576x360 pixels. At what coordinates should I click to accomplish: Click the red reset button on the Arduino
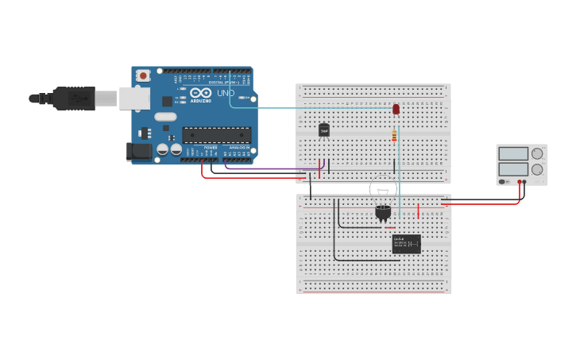tap(143, 75)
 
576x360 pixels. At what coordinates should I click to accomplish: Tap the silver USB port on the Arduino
tap(133, 98)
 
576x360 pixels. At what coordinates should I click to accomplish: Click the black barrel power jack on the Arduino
tap(140, 150)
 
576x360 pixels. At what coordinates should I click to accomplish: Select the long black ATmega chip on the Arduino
tap(216, 135)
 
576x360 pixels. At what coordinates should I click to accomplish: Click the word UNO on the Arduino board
tap(226, 93)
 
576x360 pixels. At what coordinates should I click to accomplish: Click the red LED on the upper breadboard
tap(396, 109)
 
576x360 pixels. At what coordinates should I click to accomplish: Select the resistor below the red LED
tap(393, 136)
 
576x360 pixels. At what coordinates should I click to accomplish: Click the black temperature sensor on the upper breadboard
tap(323, 130)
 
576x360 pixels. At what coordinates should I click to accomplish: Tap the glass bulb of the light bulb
tap(383, 191)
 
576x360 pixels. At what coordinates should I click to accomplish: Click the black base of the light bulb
tap(383, 211)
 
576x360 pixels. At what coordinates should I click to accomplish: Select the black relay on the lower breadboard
tap(406, 243)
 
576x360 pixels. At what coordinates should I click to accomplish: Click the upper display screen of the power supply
tap(512, 153)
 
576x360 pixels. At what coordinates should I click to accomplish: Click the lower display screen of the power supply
tap(512, 169)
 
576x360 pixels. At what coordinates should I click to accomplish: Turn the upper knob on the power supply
tap(538, 153)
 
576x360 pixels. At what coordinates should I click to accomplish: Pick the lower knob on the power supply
tap(538, 169)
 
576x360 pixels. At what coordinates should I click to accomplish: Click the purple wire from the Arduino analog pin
tap(270, 168)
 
